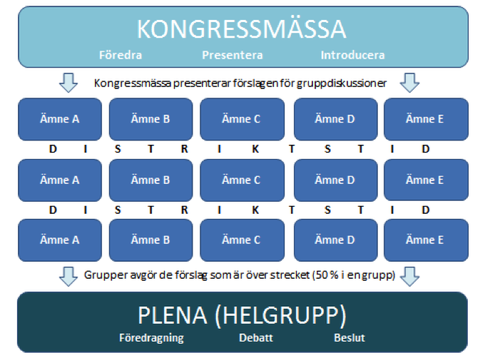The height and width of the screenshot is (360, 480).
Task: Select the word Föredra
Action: (x=121, y=55)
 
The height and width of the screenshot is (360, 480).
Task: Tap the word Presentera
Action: (x=233, y=55)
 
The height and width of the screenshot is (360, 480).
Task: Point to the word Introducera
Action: (x=352, y=55)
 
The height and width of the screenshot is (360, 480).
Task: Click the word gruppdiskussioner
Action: (x=342, y=83)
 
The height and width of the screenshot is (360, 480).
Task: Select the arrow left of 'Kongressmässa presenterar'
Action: (x=68, y=83)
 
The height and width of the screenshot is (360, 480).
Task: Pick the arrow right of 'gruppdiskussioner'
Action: (x=409, y=83)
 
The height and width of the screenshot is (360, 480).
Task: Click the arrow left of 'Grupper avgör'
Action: (x=68, y=277)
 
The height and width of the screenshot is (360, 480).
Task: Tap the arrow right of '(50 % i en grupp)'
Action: (x=409, y=277)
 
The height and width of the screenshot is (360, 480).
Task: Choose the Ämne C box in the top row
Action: (x=242, y=119)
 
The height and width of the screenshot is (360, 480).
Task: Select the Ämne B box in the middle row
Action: (x=151, y=180)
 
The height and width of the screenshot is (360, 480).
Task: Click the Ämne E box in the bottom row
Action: (x=426, y=240)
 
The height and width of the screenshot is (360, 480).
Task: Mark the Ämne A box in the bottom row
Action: (x=60, y=240)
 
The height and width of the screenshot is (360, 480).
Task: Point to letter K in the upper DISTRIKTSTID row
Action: (x=255, y=149)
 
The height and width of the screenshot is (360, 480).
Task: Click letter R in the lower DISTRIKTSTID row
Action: (x=184, y=210)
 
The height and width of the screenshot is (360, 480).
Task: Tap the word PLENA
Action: (x=173, y=315)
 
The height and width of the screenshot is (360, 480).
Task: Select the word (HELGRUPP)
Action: (x=281, y=315)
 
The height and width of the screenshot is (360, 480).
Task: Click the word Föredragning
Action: (x=151, y=338)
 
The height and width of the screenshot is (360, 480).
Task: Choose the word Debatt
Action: (x=256, y=338)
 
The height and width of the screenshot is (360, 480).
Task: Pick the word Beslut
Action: (x=349, y=338)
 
